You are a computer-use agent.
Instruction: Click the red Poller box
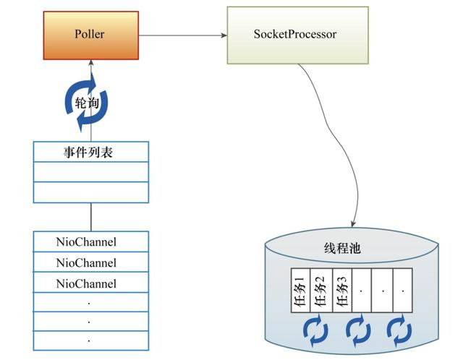click(x=90, y=34)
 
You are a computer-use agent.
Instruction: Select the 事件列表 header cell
click(x=90, y=152)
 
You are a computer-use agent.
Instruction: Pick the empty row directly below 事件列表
click(x=90, y=172)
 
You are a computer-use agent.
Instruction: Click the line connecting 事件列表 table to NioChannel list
click(x=90, y=217)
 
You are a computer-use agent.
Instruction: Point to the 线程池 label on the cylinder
click(x=341, y=249)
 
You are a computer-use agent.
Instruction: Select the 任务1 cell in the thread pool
click(x=300, y=291)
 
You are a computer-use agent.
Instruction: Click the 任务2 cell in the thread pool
click(x=320, y=291)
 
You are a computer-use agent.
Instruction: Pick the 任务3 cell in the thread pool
click(x=341, y=291)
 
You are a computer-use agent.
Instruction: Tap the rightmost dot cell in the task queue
click(x=402, y=291)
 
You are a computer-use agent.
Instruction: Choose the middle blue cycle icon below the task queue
click(x=358, y=329)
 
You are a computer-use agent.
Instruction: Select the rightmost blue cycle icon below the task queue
click(x=399, y=329)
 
